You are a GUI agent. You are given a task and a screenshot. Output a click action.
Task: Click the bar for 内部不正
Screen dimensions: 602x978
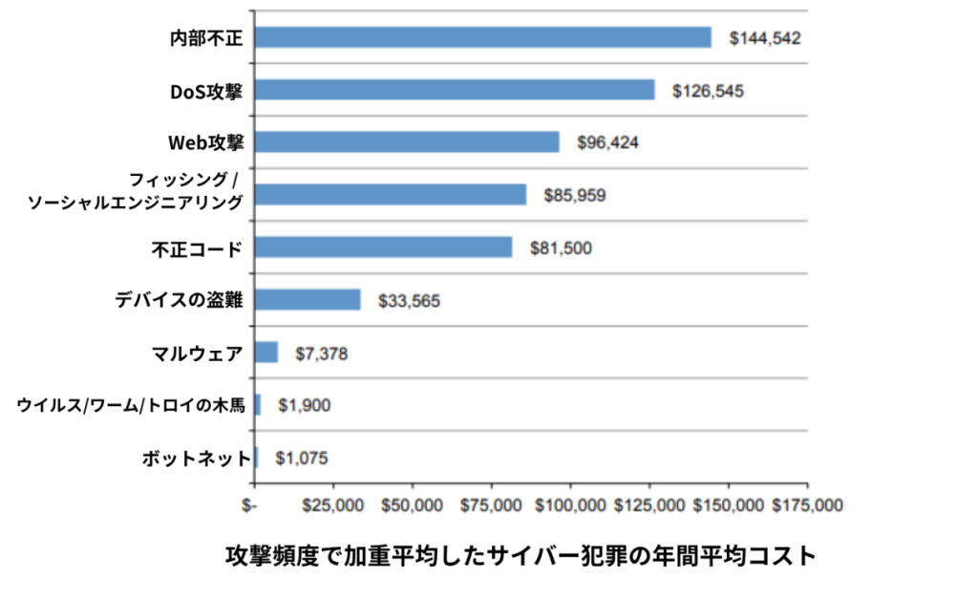tap(482, 37)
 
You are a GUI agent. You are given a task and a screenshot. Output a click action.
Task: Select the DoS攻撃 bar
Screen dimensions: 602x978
tap(455, 90)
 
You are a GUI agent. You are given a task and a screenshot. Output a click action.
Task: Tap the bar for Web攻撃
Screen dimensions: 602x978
tap(407, 142)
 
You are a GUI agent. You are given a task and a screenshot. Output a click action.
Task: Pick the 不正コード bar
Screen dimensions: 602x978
tap(383, 247)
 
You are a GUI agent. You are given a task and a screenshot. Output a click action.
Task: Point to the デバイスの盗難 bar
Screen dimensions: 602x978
tap(308, 300)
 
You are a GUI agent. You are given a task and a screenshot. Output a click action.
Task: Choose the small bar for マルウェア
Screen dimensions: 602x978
tap(266, 353)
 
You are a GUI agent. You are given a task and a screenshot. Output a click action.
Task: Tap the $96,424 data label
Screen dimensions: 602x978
tap(607, 143)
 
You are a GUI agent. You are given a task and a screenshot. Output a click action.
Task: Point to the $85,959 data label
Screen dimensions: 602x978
tap(575, 196)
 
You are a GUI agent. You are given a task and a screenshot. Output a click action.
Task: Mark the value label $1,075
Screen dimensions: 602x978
tap(301, 459)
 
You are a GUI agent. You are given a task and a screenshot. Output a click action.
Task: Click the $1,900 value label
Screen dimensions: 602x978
tap(304, 406)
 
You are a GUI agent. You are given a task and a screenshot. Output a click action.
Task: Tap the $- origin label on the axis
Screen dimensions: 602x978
tap(251, 505)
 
